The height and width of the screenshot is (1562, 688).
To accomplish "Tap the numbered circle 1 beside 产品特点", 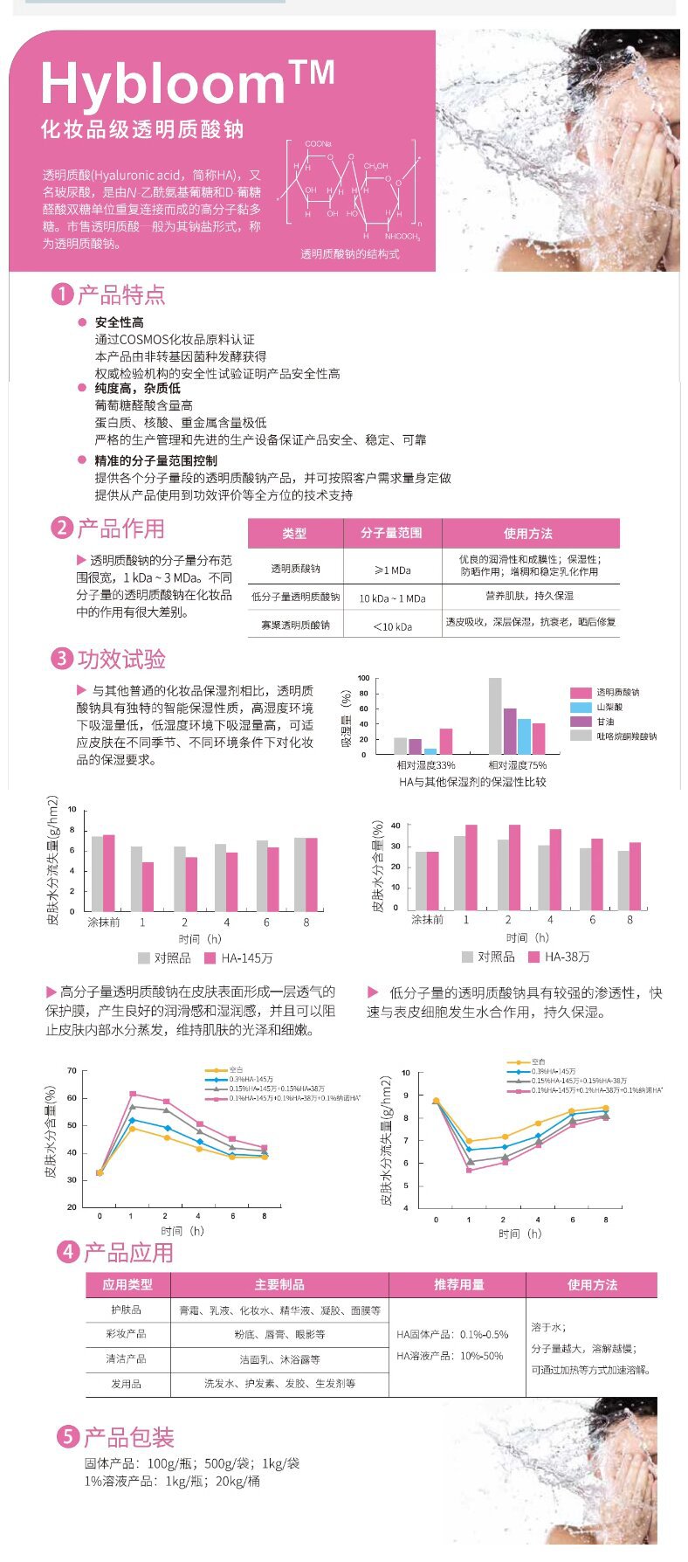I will pyautogui.click(x=61, y=294).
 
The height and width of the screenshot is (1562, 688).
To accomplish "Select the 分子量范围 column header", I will pyautogui.click(x=392, y=534).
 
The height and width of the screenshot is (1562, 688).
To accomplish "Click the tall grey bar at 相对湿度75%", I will pyautogui.click(x=495, y=715).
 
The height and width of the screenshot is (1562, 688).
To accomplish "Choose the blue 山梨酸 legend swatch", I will pyautogui.click(x=581, y=707).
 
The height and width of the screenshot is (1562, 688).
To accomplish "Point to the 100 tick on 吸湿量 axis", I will pyautogui.click(x=364, y=678).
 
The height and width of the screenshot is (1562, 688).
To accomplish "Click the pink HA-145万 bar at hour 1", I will pyautogui.click(x=148, y=886).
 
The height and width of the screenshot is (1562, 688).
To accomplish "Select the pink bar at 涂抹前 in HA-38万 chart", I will pyautogui.click(x=432, y=881).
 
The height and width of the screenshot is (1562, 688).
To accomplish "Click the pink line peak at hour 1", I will pyautogui.click(x=133, y=1093).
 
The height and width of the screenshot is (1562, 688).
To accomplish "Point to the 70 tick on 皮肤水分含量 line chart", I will pyautogui.click(x=72, y=1071).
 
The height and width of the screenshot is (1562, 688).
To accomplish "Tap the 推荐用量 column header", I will pyautogui.click(x=458, y=1284).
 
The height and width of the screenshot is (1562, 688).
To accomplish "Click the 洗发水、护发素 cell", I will pyautogui.click(x=279, y=1383).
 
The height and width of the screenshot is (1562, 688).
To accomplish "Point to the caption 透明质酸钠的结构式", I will pyautogui.click(x=349, y=253).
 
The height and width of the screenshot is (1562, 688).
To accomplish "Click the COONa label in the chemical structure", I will pyautogui.click(x=317, y=143).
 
